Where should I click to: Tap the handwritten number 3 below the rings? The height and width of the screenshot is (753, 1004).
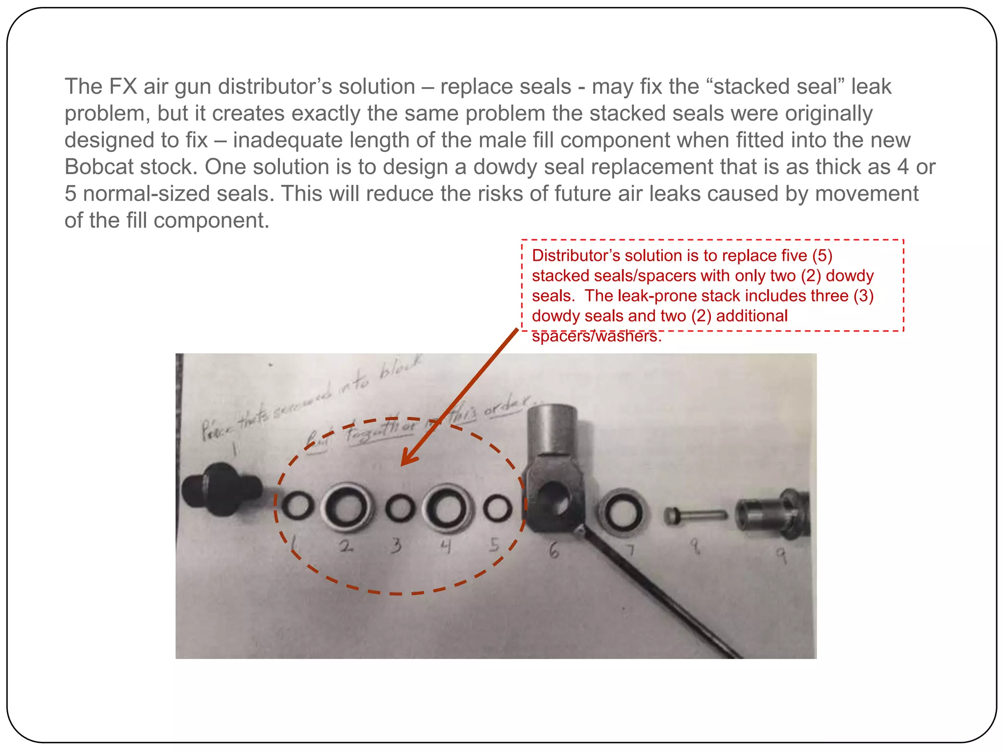(x=396, y=546)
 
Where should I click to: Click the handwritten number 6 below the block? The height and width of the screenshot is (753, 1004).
(x=553, y=551)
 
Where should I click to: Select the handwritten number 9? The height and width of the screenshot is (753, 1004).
(x=781, y=555)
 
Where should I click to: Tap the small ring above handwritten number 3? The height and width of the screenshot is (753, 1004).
(x=400, y=508)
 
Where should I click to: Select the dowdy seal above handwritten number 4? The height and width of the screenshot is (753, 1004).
(x=447, y=508)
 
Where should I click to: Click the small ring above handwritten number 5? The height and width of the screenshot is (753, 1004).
(x=498, y=508)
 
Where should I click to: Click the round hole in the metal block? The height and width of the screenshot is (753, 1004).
(x=555, y=498)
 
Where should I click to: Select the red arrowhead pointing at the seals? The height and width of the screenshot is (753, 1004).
(x=408, y=458)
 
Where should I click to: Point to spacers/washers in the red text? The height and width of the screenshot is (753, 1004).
(x=596, y=336)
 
